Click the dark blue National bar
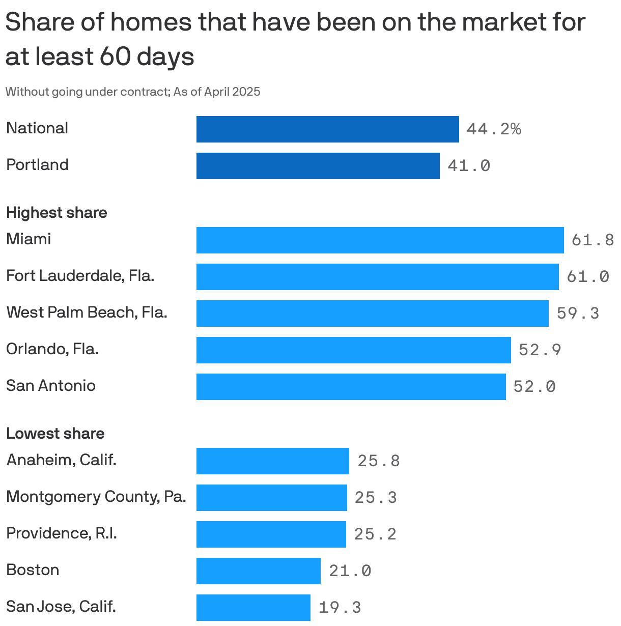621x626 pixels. pos(327,129)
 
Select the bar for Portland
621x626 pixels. pos(318,166)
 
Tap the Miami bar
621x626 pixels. pos(380,240)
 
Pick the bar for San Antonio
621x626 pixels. pos(351,387)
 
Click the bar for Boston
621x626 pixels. pos(258,571)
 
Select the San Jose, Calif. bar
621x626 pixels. pos(253,608)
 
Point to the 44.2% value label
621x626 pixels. pos(493,129)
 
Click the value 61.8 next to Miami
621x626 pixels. pos(592,240)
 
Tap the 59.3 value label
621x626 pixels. pos(578,313)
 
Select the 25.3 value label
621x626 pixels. pos(376,497)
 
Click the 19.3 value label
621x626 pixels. pos(340,607)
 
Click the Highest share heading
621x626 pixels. pos(57,213)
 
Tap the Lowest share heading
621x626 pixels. pos(55,434)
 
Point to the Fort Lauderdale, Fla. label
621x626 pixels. pos(80,276)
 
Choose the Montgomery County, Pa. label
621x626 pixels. pos(96,496)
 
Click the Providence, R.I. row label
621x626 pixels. pos(61,533)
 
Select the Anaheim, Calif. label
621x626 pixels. pos(61,460)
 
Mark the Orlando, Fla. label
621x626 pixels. pos(52,349)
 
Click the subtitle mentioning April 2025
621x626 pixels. pos(132,92)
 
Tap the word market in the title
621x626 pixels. pos(509,22)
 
